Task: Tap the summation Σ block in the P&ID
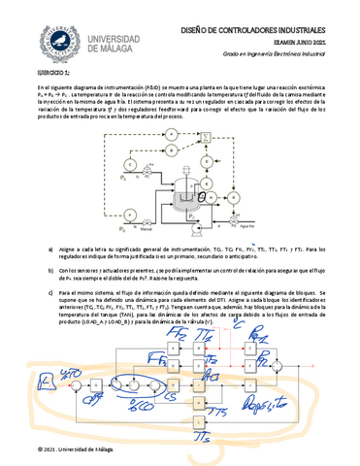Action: point(204,143)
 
